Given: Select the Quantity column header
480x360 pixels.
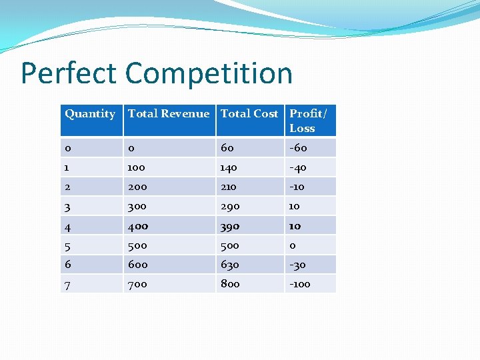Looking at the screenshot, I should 90,114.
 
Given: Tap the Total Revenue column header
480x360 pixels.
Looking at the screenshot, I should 169,114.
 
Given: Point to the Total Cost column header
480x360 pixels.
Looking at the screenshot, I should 249,114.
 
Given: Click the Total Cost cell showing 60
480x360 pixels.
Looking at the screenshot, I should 227,148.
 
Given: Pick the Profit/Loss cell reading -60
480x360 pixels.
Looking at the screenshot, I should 298,148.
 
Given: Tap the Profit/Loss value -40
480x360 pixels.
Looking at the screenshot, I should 298,168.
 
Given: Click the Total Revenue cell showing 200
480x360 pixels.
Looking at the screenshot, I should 138,187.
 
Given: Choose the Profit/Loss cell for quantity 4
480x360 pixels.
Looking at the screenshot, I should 295,226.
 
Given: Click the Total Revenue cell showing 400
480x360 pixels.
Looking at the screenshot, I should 138,226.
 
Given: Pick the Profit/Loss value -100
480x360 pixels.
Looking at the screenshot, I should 300,284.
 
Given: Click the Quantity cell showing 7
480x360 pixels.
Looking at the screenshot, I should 67,284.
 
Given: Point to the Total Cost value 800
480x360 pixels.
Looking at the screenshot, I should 230,284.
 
